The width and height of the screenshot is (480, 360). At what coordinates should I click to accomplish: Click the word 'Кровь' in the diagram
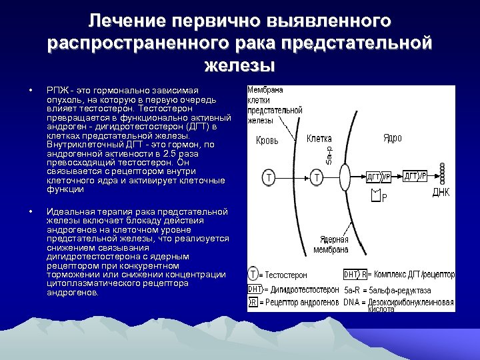coord(267,141)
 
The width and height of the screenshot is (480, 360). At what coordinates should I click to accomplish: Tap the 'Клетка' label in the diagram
coord(319,139)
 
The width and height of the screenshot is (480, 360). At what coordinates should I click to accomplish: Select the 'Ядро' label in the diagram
coord(393,139)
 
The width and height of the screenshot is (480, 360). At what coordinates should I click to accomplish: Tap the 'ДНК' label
coord(441,193)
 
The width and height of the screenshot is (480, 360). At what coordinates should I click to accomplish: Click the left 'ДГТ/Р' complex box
coord(379,177)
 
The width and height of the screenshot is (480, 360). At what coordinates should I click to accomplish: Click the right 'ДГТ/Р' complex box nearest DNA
coord(415,177)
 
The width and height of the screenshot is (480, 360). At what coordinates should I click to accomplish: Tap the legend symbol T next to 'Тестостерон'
coord(253,274)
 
